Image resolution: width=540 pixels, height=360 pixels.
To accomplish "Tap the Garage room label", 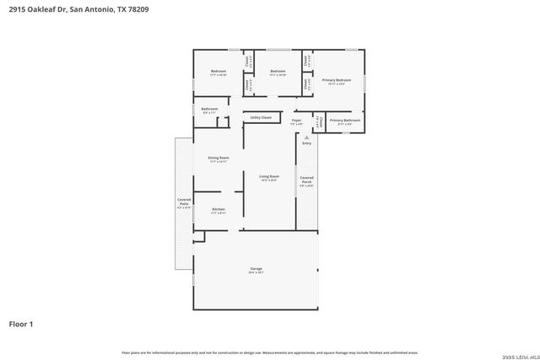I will [256, 271].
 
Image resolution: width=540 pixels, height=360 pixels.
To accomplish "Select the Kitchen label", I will [219, 210].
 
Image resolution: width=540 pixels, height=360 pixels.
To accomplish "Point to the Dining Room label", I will [219, 159].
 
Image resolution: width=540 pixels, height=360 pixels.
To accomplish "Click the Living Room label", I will [269, 177].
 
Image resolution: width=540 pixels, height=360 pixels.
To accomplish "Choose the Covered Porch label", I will [307, 181].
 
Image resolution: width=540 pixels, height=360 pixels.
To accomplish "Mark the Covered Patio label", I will [184, 203].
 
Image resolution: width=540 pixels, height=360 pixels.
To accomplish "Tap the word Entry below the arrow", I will [306, 143].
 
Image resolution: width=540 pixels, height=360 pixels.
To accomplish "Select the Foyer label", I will [297, 121].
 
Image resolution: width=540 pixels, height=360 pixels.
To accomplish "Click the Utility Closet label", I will [261, 117].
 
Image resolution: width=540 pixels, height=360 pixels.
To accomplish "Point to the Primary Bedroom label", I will [336, 81].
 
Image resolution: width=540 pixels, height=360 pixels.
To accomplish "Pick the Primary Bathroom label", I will [344, 121].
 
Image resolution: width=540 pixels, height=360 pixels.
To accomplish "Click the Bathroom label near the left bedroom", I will [209, 110].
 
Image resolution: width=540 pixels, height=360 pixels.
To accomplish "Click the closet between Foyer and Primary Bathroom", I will [318, 122].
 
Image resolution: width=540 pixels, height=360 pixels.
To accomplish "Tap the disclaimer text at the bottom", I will [269, 352].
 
